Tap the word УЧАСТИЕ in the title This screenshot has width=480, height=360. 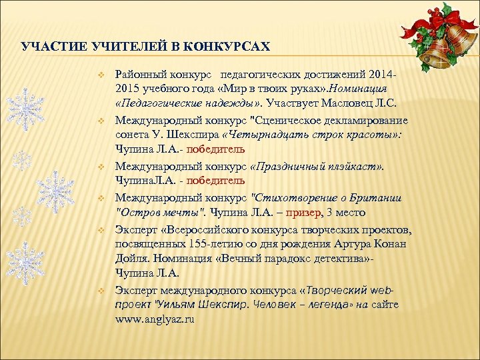(47, 47)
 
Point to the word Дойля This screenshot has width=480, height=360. (132, 259)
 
